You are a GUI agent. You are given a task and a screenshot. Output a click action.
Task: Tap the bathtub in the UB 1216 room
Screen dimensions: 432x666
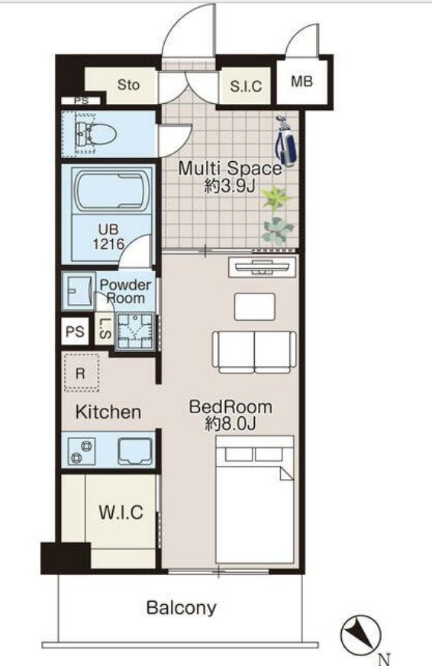pos(113,190)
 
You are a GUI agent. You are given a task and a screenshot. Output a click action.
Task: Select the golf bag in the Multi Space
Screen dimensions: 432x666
pos(285,142)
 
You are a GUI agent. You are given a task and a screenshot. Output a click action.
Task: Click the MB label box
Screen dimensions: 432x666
pos(301,81)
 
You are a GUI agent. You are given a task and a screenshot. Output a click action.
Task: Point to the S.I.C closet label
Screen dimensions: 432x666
pos(246,86)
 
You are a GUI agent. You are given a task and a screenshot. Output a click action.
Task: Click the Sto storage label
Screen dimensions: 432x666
pos(128,85)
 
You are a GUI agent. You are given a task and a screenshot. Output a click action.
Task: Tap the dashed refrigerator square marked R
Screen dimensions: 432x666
pos(81,373)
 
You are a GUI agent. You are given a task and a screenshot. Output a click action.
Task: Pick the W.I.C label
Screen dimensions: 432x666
pos(121,512)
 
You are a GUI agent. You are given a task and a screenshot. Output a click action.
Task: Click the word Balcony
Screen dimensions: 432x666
pos(181,608)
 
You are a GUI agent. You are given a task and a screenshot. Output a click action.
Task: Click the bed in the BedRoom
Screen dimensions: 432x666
pos(255,500)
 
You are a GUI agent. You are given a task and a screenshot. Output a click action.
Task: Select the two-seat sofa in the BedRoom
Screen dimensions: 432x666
pos(254,352)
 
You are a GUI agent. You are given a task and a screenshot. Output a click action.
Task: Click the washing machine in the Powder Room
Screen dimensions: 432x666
pos(135,331)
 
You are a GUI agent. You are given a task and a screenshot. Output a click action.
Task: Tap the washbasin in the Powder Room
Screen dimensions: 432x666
pos(79,291)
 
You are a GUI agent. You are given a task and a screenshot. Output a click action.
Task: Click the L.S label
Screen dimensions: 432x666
pos(105,328)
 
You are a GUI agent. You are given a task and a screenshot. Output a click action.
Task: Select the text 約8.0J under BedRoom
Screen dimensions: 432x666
pos(231,424)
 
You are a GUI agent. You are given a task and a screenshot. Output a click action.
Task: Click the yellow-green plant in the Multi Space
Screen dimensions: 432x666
pos(276,199)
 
